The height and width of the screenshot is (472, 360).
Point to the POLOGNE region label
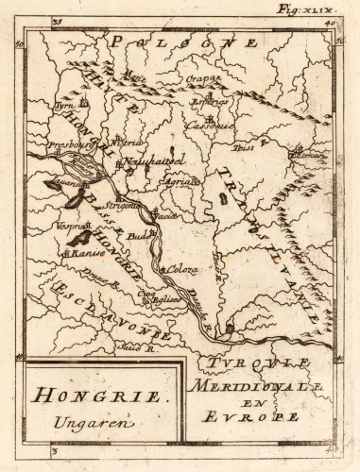tap(184, 42)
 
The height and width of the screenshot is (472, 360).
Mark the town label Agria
tap(185, 179)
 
